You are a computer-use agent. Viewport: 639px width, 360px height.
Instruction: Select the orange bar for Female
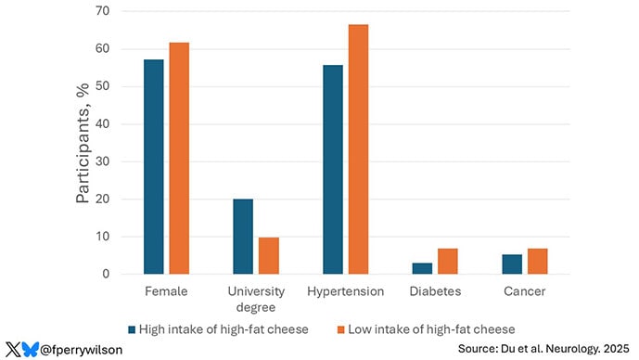coord(179,159)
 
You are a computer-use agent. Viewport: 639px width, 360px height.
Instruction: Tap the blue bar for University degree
coord(243,237)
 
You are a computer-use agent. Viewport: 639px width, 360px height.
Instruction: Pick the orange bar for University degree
coord(268,256)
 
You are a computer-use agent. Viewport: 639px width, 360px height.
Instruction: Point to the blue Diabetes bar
coord(422,268)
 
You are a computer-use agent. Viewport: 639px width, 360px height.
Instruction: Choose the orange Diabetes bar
coord(447,262)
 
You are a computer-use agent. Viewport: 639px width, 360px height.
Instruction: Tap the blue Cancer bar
coord(511,264)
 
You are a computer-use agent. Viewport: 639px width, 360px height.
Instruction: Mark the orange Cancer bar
coord(537,262)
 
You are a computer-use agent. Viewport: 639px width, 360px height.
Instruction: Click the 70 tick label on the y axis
coord(115,11)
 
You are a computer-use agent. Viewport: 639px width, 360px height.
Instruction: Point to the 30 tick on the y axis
coord(115,161)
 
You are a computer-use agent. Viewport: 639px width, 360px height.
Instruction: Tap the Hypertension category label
coord(345,291)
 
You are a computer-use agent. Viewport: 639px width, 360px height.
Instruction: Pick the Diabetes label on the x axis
coord(434,291)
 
